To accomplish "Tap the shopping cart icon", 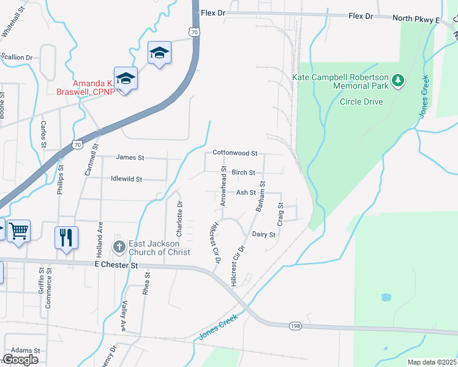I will (19, 231).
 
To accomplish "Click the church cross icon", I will (119, 247).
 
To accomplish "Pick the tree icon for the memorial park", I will (399, 80).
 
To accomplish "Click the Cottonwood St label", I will (235, 152).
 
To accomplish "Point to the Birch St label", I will (243, 172).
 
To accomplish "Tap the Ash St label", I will (246, 192).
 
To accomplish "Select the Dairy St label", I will (264, 234).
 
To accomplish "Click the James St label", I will (130, 157).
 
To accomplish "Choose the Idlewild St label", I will (126, 179).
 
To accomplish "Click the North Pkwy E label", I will (416, 20).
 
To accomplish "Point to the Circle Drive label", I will (361, 102).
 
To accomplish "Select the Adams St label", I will (25, 350).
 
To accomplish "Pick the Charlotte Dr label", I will (179, 220).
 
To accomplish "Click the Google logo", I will (20, 360).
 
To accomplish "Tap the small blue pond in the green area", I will (386, 298).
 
